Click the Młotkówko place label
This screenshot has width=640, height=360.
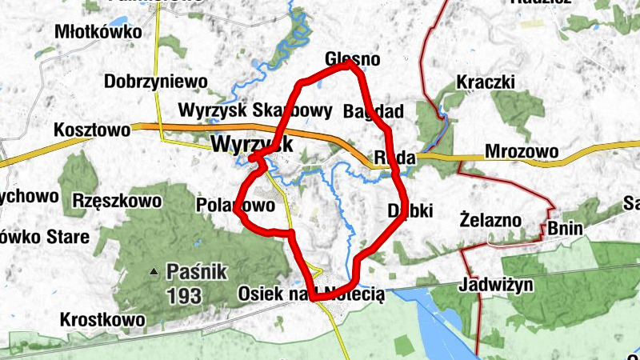98,33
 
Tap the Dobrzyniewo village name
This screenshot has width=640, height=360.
155,82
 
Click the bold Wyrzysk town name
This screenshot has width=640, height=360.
252,144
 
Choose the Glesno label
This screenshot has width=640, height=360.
353,60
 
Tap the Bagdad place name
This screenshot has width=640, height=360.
373,110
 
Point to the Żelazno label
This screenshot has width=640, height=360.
491,219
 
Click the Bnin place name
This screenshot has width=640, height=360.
566,230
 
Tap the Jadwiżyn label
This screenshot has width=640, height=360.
497,285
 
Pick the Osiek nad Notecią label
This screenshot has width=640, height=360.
311,294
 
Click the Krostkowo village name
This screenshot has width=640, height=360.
103,320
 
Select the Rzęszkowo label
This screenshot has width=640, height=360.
116,200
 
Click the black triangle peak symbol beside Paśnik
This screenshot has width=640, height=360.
154,272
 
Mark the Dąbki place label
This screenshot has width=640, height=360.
410,210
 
